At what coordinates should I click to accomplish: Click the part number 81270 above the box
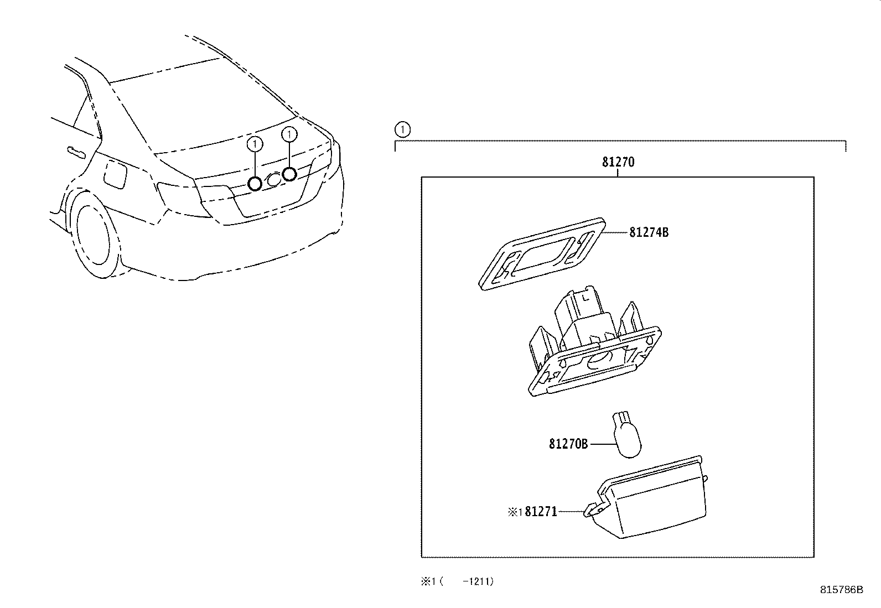point(618,162)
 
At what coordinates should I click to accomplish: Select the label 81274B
point(649,232)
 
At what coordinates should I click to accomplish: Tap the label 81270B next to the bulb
point(568,444)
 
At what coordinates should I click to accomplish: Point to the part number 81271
point(541,512)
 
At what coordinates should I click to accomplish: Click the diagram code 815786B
point(841,590)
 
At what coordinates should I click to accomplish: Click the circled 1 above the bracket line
point(403,130)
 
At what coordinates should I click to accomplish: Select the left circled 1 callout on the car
point(254,144)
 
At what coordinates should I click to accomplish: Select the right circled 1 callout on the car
point(289,134)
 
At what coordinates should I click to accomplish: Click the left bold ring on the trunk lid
point(255,183)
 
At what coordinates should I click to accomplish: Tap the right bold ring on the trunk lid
point(289,174)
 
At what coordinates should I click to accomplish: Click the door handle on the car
point(73,150)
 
